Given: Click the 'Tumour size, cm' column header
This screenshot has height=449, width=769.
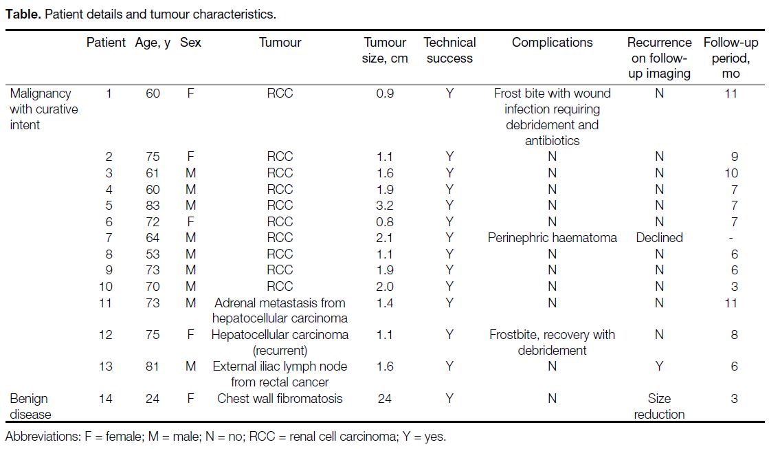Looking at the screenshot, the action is coord(385,50).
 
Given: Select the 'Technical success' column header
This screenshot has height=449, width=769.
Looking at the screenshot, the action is coord(449,50).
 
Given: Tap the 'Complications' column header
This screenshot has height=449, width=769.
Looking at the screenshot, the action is coord(553,43).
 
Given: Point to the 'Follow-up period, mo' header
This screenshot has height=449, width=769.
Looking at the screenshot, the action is coord(731,58).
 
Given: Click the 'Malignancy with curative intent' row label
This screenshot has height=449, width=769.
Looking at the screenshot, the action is coord(44,109).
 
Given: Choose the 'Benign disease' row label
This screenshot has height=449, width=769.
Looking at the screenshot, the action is coord(30,406).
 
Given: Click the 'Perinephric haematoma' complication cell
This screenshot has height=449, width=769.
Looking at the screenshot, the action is coord(553,238).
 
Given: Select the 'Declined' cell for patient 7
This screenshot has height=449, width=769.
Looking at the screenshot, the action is coord(659,238).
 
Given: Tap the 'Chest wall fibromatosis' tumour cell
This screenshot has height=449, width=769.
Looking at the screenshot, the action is coord(280,398).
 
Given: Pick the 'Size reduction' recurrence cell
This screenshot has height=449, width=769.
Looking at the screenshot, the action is coord(659,406).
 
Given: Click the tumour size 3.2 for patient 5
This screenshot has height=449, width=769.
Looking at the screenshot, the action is coord(385,205).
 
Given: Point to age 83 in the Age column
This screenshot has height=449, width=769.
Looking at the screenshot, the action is coord(153,205).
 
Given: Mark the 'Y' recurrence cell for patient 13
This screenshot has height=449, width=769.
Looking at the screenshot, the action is coord(659,366).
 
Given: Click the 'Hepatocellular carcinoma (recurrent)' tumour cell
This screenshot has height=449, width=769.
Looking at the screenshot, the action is coord(280,342).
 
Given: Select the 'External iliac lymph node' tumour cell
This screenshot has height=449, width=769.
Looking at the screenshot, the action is coord(280,374).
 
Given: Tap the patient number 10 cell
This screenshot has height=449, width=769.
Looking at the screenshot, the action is coord(105,287).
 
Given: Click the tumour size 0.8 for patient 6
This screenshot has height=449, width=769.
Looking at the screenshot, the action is coord(385,222).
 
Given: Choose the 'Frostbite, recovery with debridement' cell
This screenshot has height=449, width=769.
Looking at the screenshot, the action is coord(553,342).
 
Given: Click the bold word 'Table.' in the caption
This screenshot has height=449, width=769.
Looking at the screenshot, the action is coord(23,14).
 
